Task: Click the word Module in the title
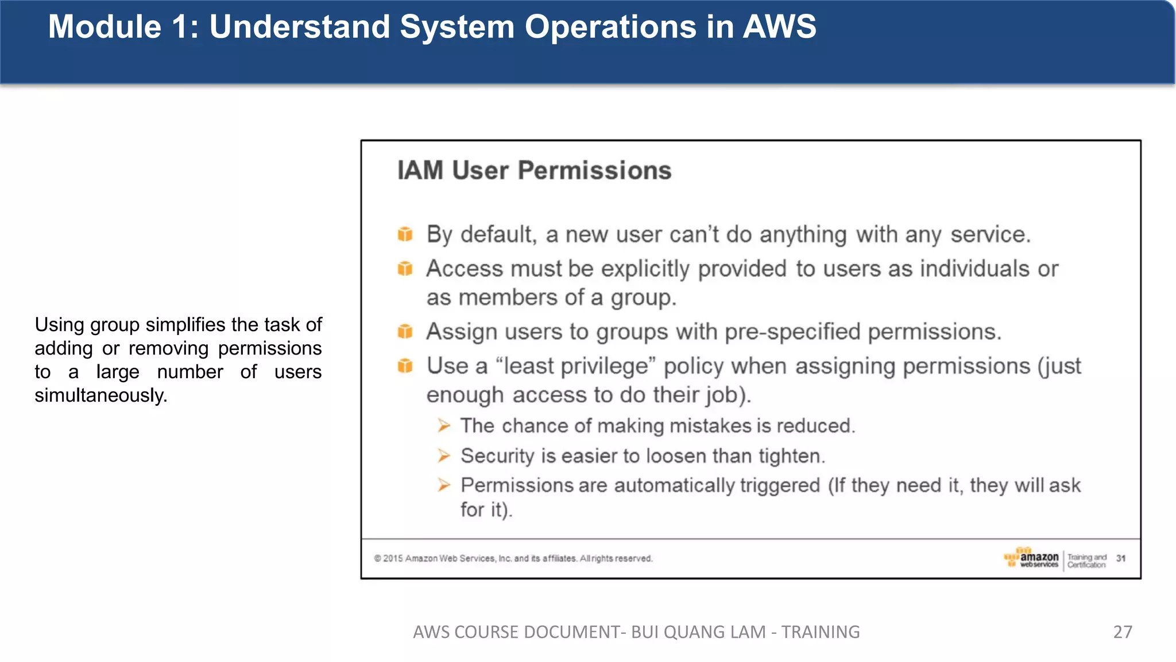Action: (x=105, y=27)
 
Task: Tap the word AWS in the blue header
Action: (x=779, y=27)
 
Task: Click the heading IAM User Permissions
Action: (x=534, y=171)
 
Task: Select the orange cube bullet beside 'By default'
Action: (x=405, y=234)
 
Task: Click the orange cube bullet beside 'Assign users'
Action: (x=405, y=332)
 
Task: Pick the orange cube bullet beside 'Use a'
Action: (x=405, y=366)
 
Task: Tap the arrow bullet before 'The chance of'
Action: (x=444, y=426)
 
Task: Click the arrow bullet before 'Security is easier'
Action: (x=444, y=456)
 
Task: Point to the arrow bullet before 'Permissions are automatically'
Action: (x=444, y=485)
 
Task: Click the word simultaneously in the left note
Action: (x=100, y=395)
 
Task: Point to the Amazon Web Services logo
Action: (x=1032, y=558)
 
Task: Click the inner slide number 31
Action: (x=1121, y=558)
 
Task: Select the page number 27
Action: (x=1123, y=632)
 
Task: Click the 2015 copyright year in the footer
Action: (x=393, y=559)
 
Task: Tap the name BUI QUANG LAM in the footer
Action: (x=698, y=632)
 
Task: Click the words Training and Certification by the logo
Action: (x=1086, y=561)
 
